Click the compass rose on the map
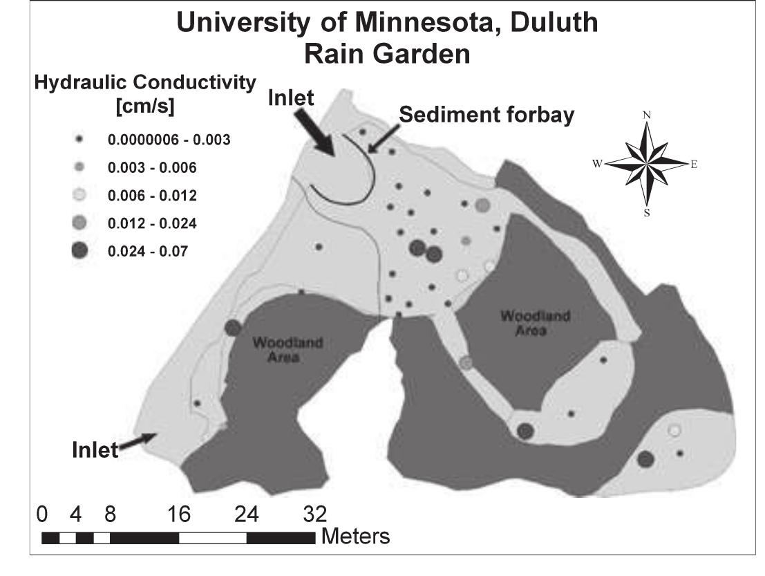pyautogui.click(x=647, y=164)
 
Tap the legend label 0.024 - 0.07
pyautogui.click(x=147, y=252)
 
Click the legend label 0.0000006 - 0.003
pyautogui.click(x=169, y=140)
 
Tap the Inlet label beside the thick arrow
pyautogui.click(x=290, y=98)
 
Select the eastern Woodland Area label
pyautogui.click(x=526, y=323)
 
